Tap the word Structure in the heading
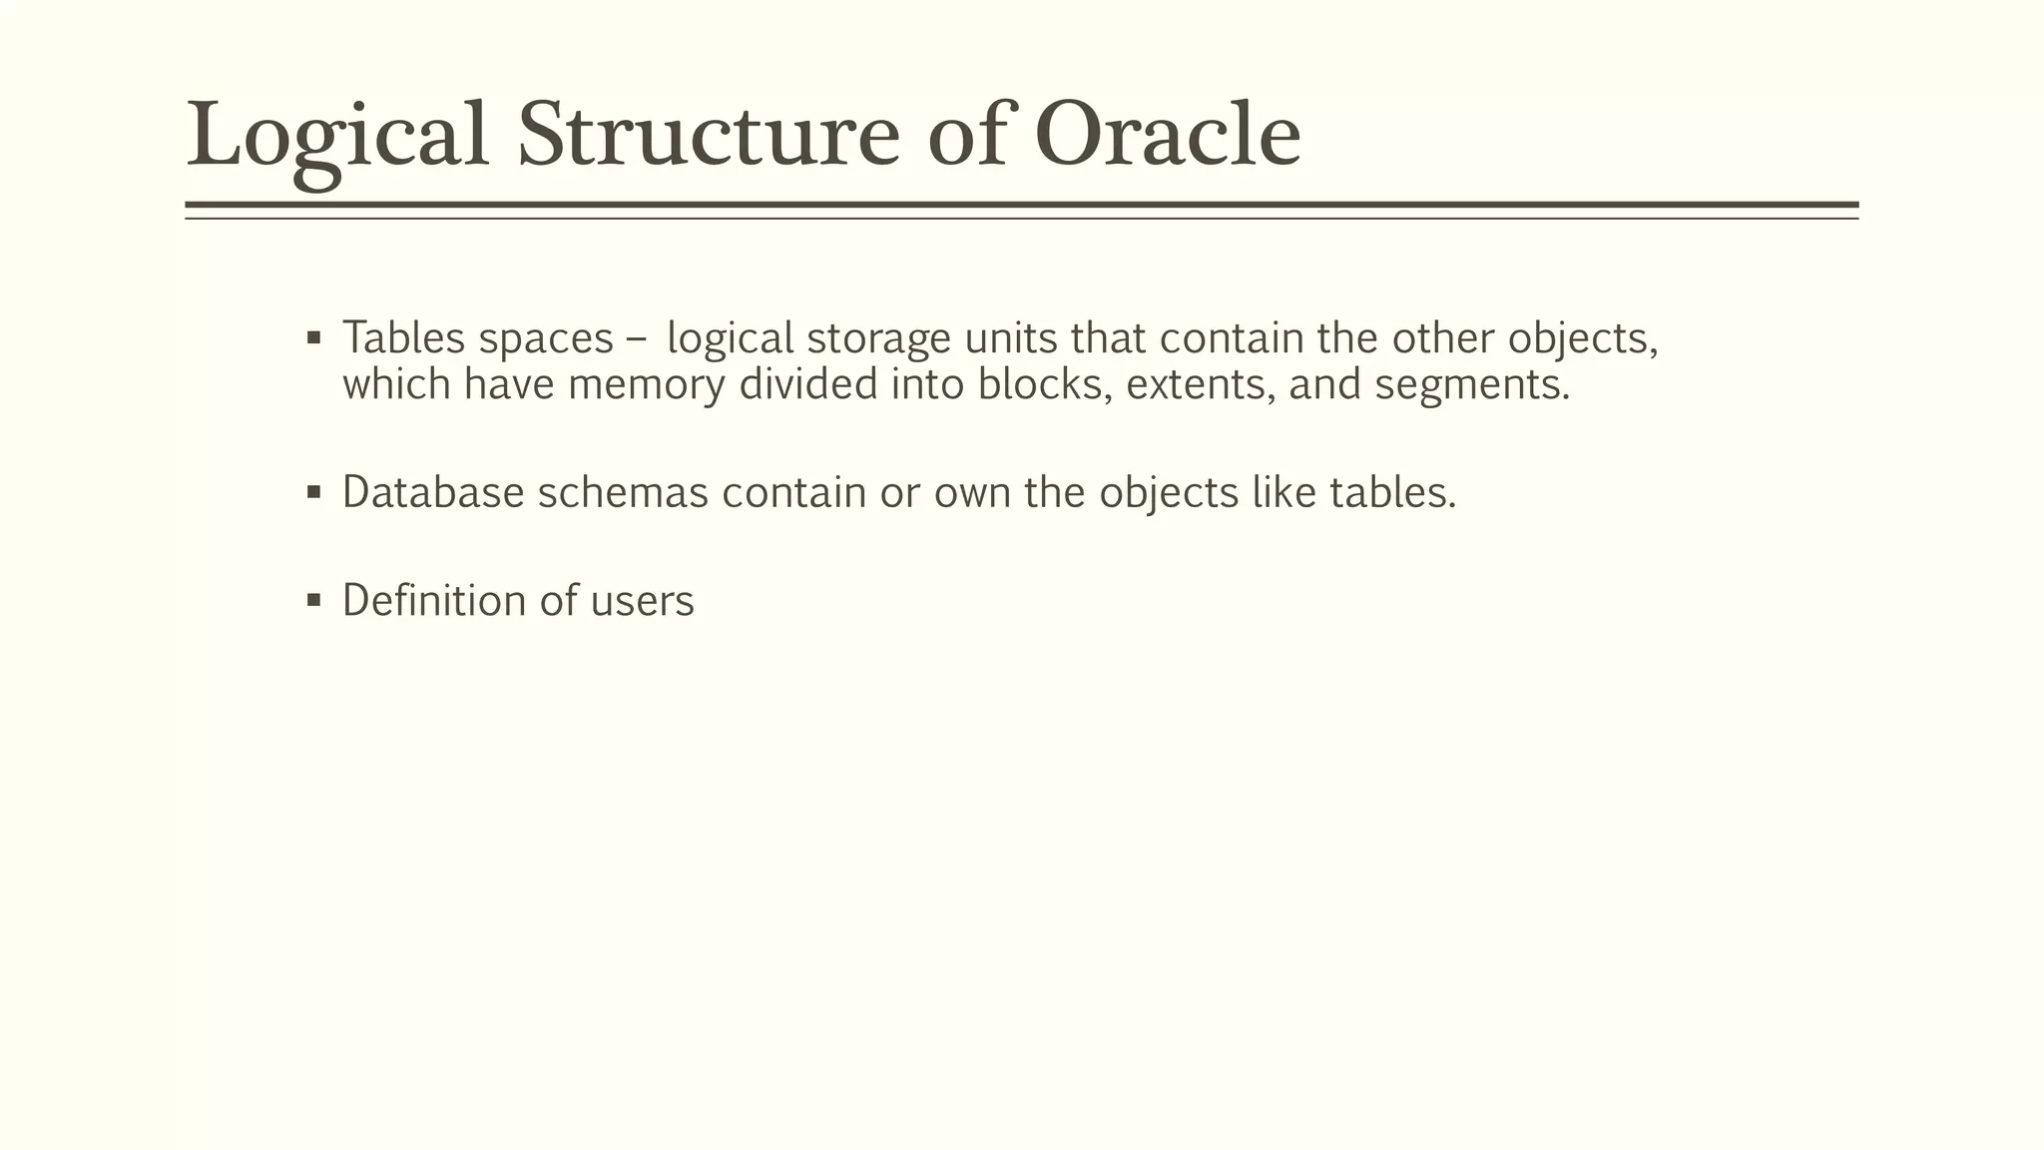click(x=708, y=135)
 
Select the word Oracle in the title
click(x=1167, y=135)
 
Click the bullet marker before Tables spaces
click(x=314, y=338)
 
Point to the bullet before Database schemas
click(x=314, y=492)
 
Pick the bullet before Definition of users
click(x=314, y=600)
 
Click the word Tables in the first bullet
click(x=404, y=338)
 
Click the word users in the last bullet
click(x=642, y=600)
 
